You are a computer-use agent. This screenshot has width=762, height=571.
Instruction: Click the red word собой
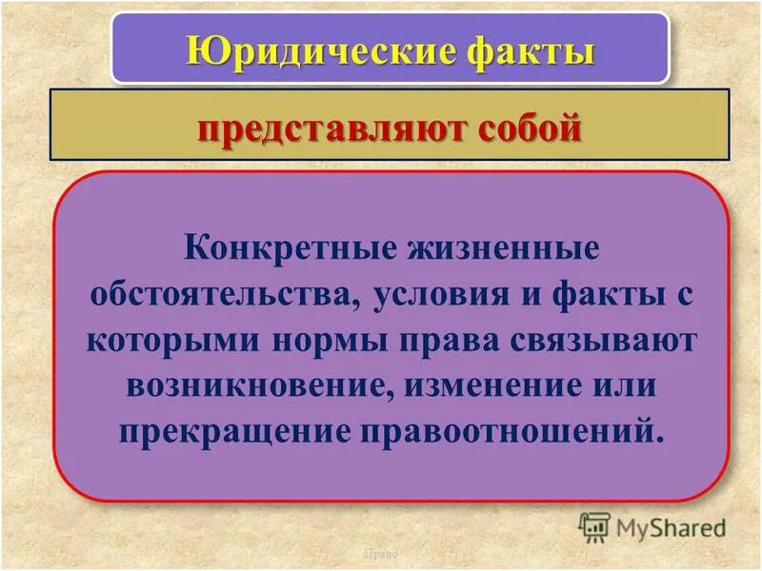[521, 126]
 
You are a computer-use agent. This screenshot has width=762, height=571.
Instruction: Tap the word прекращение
[231, 431]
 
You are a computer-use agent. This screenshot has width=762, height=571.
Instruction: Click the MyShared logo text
[672, 525]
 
